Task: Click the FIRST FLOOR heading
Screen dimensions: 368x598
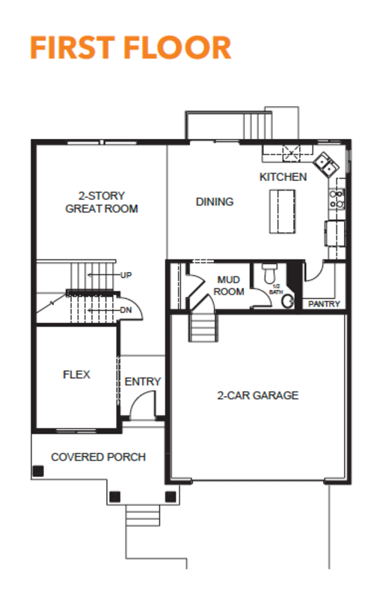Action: pyautogui.click(x=131, y=48)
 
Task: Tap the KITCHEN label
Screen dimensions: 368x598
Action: pyautogui.click(x=283, y=177)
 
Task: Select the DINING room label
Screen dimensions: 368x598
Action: pyautogui.click(x=215, y=202)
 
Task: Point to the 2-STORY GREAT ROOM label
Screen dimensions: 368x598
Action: pyautogui.click(x=102, y=202)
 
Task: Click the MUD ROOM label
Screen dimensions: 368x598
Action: pyautogui.click(x=229, y=286)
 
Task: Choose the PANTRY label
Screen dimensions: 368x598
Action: pyautogui.click(x=324, y=304)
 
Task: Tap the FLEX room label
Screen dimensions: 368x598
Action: pyautogui.click(x=76, y=374)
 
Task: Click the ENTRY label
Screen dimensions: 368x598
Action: pyautogui.click(x=143, y=381)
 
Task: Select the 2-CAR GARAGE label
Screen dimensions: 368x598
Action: pyautogui.click(x=258, y=395)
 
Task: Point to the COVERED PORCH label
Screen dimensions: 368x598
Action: pyautogui.click(x=99, y=457)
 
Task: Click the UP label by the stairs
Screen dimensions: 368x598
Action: pyautogui.click(x=126, y=275)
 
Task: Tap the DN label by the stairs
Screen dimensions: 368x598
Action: pyautogui.click(x=126, y=310)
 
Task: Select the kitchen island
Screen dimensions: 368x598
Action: pyautogui.click(x=283, y=212)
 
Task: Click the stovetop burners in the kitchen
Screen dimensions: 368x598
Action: pyautogui.click(x=337, y=199)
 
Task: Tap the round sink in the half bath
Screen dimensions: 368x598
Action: pyautogui.click(x=287, y=301)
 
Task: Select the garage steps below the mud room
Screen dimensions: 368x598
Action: pyautogui.click(x=203, y=327)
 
